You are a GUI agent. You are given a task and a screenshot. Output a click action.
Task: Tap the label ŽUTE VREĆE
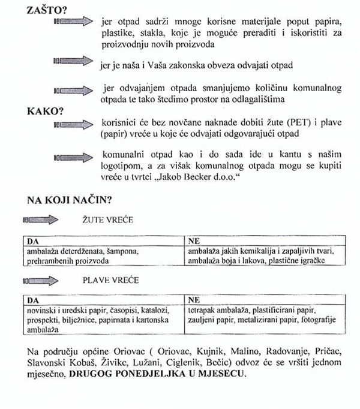click(107, 220)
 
